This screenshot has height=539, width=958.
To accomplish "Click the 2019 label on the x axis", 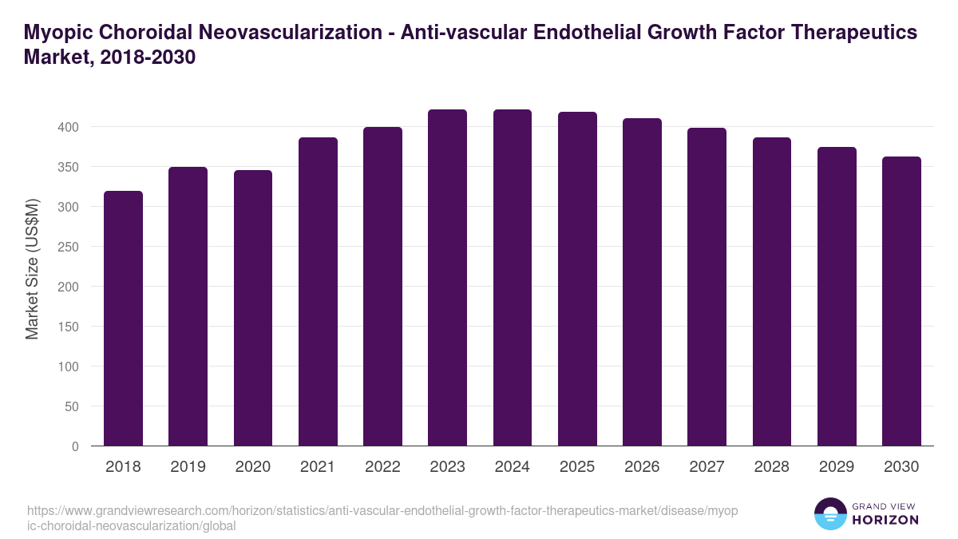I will coord(188,467).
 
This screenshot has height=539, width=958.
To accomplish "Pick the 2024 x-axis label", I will coord(512,467).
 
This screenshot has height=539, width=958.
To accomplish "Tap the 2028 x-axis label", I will coord(771,467).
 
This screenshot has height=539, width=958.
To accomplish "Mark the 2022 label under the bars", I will coord(382,467).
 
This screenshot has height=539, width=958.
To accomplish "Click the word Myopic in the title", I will coord(59,33).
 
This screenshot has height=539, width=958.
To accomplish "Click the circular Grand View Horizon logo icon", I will coord(829,513).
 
